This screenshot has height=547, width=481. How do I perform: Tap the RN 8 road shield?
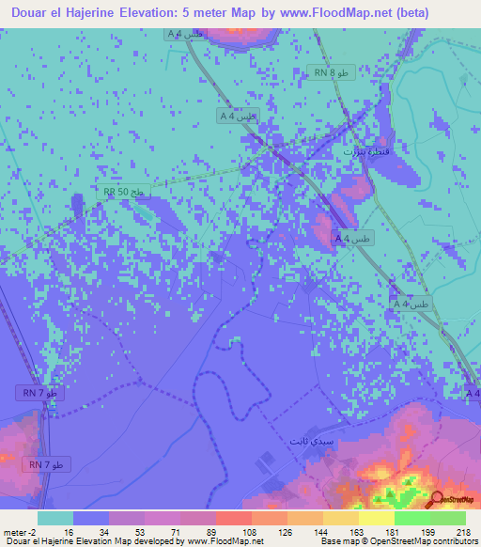(x=334, y=72)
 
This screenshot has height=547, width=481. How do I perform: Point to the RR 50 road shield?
(x=125, y=191)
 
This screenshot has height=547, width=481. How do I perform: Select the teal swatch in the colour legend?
(x=55, y=519)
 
